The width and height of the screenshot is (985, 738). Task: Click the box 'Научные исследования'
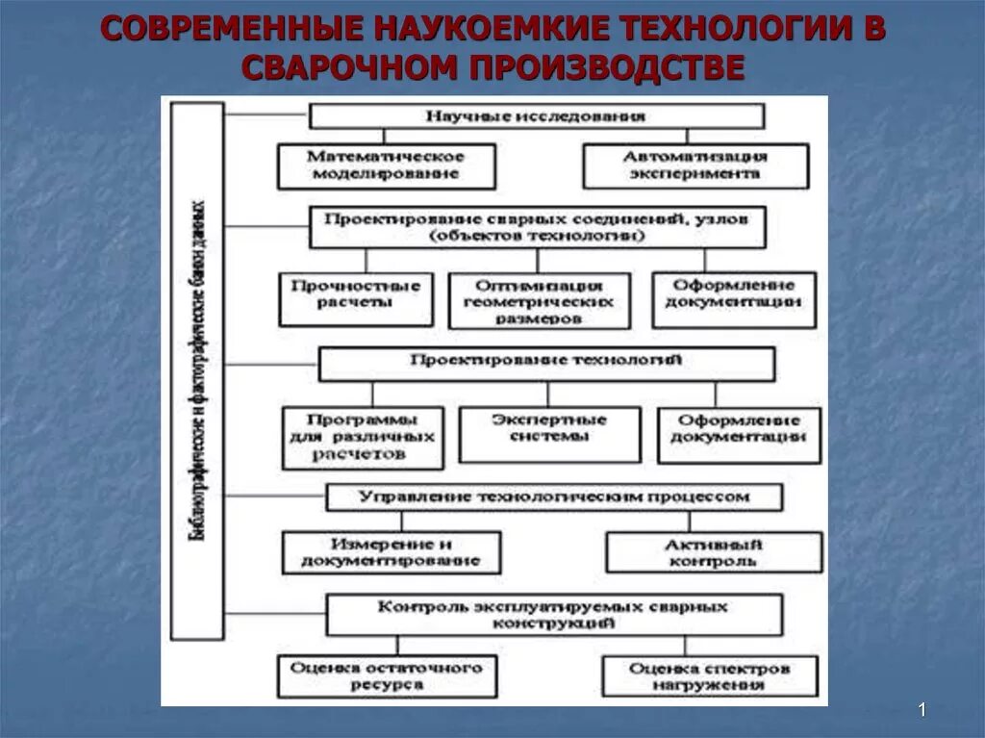[x=536, y=116]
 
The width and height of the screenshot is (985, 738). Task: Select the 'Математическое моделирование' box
[x=386, y=165]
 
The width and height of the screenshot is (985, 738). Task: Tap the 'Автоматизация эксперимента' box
[x=695, y=165]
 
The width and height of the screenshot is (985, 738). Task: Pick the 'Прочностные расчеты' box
[x=355, y=298]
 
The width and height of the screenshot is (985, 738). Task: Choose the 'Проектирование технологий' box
[x=545, y=364]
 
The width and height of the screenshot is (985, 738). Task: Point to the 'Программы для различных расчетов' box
[x=363, y=437]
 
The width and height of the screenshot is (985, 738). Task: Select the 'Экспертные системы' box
[x=548, y=434]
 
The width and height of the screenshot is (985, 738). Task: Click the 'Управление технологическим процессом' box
[x=553, y=497]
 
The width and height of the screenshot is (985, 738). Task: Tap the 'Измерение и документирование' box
[x=391, y=551]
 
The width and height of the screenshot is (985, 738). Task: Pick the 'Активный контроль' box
[x=713, y=551]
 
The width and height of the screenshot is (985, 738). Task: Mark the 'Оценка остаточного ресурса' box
[x=387, y=675]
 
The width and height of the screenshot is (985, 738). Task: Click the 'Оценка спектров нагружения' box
[x=710, y=675]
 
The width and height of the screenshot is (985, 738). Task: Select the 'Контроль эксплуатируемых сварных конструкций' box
[x=553, y=614]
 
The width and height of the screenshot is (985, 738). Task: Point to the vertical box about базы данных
[x=197, y=370]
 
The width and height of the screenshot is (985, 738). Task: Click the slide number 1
[x=921, y=710]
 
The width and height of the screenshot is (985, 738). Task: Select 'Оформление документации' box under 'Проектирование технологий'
[x=738, y=434]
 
